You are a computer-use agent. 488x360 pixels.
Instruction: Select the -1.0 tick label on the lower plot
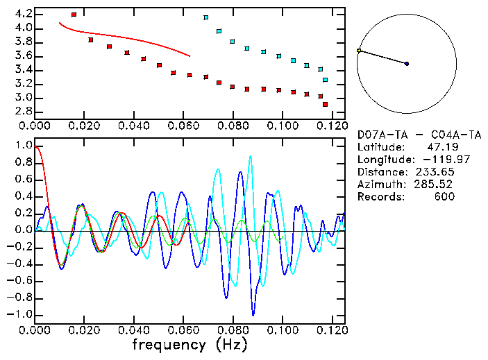21,314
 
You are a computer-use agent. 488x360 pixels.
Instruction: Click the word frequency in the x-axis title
169,344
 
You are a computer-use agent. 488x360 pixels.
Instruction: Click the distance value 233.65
435,172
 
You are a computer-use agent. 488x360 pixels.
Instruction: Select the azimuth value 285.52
435,185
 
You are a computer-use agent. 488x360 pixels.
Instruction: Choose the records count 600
441,197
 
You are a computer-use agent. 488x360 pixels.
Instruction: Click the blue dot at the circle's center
407,64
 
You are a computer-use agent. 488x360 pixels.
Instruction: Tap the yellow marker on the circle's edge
359,51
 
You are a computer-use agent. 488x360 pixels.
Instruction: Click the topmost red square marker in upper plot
74,15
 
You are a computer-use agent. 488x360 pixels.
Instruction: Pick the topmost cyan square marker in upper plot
205,17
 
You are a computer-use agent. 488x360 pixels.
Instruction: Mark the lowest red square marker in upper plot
325,104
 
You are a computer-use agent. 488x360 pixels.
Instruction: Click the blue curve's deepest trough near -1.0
253,314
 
